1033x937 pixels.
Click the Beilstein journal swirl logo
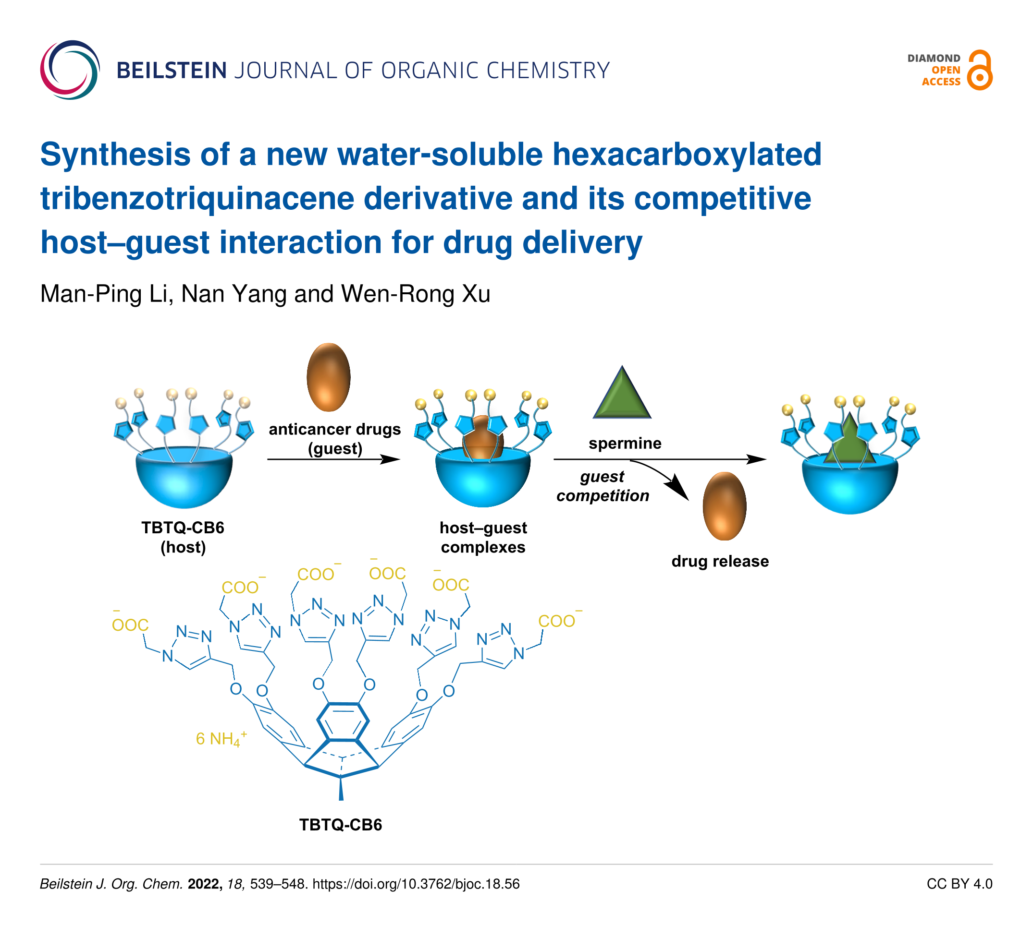pos(70,70)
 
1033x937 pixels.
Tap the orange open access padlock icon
pos(979,71)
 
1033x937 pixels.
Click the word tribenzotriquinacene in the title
pos(197,199)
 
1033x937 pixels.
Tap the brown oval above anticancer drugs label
pos(329,377)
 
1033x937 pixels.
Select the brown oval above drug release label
pos(724,506)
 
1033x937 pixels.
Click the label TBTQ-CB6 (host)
pos(183,537)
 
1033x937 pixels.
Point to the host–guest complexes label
pos(483,537)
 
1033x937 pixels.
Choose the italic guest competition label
pos(603,486)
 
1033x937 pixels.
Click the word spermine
pos(625,443)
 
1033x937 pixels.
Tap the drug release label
pos(720,561)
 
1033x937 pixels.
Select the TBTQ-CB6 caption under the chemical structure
pos(341,825)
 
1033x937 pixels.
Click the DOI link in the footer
pos(416,884)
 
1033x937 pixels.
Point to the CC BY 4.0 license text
pos(959,884)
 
